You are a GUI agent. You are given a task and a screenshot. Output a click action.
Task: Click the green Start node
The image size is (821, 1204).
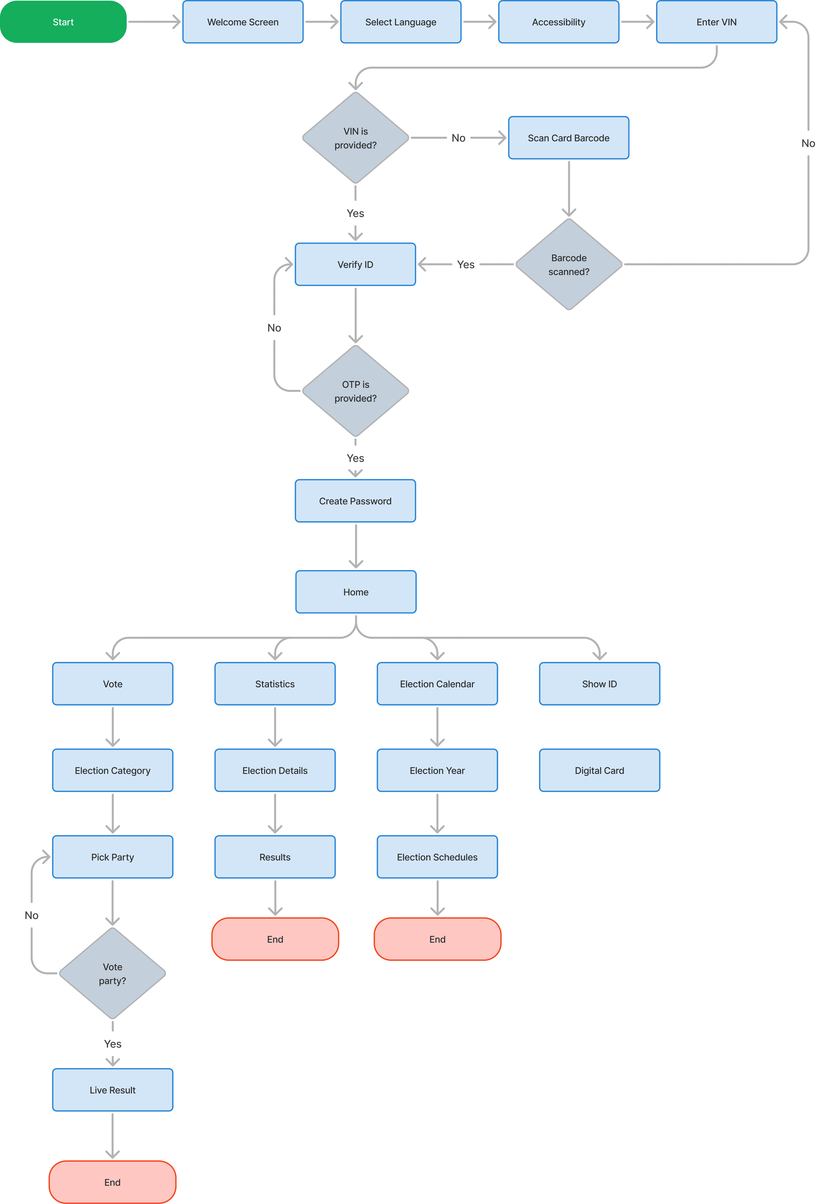tap(63, 22)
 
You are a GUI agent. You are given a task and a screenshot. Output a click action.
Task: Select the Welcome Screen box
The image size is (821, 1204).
tap(243, 22)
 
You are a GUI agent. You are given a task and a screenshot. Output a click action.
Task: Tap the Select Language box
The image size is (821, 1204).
tap(401, 22)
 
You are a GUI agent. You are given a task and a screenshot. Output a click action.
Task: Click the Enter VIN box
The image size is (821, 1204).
tap(716, 22)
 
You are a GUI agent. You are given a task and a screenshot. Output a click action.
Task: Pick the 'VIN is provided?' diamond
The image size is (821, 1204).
tap(356, 138)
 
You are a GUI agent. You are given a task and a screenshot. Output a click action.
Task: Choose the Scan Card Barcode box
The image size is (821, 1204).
tap(569, 138)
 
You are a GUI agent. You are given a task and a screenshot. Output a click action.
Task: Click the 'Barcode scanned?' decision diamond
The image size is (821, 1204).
tap(569, 264)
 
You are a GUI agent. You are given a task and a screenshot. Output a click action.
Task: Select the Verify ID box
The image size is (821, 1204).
tap(356, 264)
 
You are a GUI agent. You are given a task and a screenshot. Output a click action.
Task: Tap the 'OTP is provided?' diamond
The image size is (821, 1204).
tap(356, 391)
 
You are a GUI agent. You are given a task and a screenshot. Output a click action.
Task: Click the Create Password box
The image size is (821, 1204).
tap(356, 501)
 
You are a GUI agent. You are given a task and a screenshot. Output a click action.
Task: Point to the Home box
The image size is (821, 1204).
tap(356, 592)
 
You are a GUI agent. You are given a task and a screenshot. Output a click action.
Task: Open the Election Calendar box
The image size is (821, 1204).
tap(437, 684)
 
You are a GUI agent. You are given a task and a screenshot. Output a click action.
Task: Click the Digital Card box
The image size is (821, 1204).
tap(599, 770)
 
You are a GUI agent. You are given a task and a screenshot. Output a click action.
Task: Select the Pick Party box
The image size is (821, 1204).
tap(112, 857)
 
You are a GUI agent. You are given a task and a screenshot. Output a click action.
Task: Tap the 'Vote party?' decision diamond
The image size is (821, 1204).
tap(112, 973)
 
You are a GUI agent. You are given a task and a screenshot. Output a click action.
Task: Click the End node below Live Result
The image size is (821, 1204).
tap(112, 1182)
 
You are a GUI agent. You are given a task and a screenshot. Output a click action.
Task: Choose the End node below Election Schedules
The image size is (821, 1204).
tap(437, 939)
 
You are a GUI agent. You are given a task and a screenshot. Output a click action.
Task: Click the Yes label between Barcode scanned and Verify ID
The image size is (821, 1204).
tap(465, 264)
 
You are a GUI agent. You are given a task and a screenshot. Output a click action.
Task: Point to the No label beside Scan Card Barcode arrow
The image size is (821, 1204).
tap(458, 138)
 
